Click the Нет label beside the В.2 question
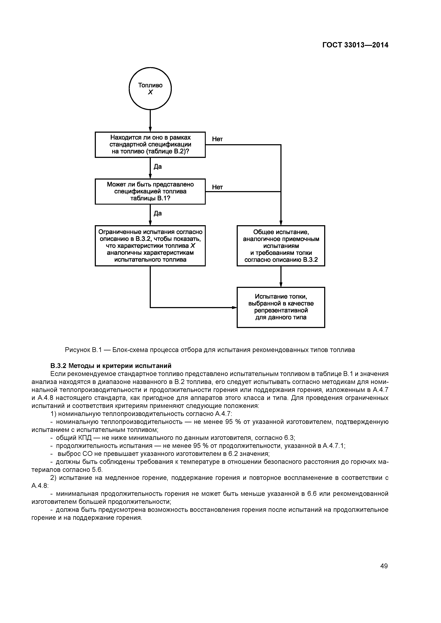pyautogui.click(x=217, y=139)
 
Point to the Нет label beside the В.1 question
pyautogui.click(x=217, y=187)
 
